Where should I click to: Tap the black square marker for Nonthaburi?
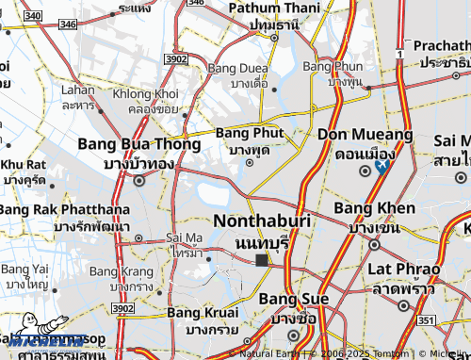coord(262,259)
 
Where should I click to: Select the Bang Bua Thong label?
coord(138,146)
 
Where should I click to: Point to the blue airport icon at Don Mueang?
coord(382,167)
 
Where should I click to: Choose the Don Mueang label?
coord(365,136)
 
